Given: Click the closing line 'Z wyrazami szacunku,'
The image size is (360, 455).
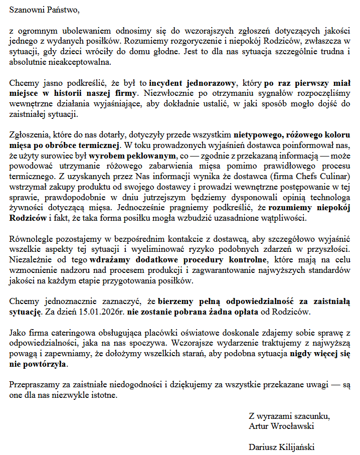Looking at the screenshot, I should (289, 416).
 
